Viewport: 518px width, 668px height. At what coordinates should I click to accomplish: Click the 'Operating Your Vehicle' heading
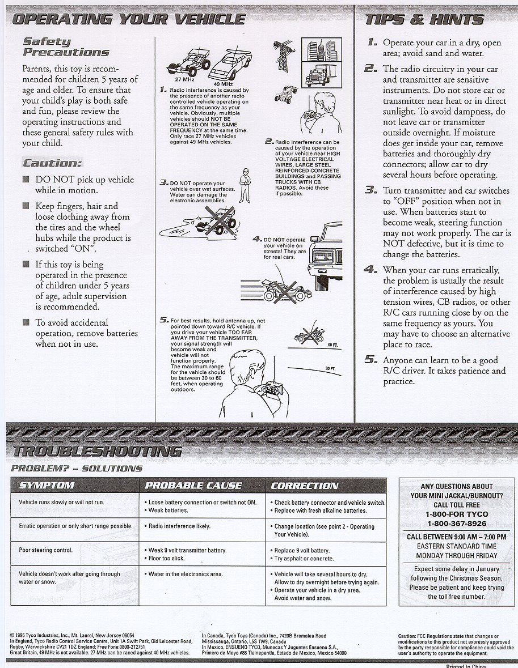[x=128, y=19]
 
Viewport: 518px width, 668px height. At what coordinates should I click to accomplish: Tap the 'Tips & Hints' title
[x=424, y=19]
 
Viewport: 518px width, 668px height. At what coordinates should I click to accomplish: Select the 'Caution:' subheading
[x=52, y=163]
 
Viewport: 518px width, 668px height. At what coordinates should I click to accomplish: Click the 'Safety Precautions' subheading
[x=65, y=46]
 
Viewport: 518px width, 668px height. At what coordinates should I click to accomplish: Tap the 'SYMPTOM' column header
[x=47, y=486]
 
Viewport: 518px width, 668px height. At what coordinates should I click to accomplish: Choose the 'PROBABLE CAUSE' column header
[x=193, y=486]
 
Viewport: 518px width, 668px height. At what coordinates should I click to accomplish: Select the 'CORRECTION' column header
[x=304, y=486]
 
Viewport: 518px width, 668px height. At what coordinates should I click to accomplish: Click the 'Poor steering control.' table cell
[x=47, y=550]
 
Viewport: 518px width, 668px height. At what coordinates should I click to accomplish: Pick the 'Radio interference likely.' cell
[x=179, y=526]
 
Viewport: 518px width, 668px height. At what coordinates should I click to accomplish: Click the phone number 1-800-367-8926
[x=457, y=524]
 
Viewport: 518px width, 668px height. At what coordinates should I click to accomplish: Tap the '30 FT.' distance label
[x=330, y=369]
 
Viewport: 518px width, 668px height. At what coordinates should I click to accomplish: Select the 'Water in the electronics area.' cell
[x=186, y=574]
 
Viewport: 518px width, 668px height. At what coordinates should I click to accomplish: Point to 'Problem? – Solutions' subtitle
[x=77, y=469]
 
